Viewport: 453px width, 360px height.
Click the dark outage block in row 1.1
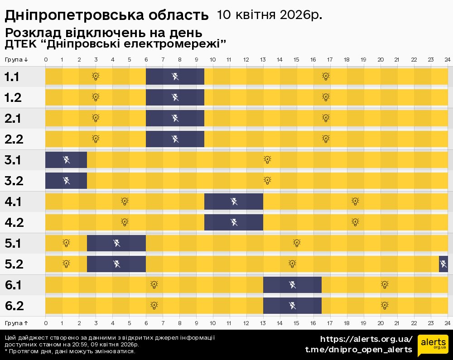pos(175,76)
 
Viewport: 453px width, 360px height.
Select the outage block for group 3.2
pos(66,181)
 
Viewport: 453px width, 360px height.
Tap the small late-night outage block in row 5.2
pos(443,264)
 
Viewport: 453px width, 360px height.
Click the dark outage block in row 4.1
pos(234,202)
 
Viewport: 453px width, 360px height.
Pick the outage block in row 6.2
pos(293,306)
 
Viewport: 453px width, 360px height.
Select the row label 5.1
pos(14,243)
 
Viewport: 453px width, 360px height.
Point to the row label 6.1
pos(14,285)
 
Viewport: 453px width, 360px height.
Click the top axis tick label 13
pos(263,59)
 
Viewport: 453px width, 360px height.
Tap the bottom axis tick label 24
pos(447,323)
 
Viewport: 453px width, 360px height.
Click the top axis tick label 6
pos(146,59)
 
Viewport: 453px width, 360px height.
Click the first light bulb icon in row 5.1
pos(66,243)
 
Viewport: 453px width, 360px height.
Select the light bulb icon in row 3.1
pos(267,159)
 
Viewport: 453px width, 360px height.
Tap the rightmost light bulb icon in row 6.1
pos(384,284)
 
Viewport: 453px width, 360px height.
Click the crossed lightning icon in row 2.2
pos(175,139)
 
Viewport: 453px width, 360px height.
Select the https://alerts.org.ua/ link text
pos(366,339)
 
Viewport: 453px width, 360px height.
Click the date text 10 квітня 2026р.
pos(270,15)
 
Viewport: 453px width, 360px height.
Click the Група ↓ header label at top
pos(16,59)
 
